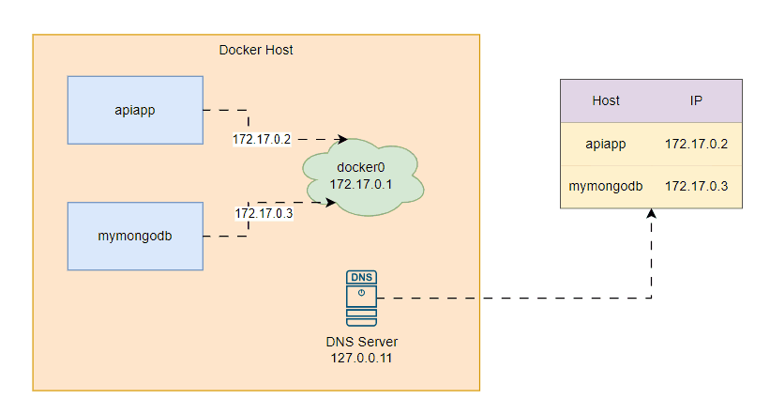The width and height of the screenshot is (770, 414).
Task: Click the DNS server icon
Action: tap(361, 298)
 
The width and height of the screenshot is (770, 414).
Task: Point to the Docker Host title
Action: tap(256, 50)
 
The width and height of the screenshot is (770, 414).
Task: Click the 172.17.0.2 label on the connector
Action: tap(263, 139)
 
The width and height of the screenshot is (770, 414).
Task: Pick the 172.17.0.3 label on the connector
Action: tap(264, 214)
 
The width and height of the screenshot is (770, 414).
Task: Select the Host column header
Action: tap(606, 100)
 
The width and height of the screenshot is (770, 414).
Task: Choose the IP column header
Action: tap(697, 100)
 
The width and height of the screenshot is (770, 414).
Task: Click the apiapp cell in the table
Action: tap(606, 144)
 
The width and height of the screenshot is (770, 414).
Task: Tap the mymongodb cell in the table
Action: tap(606, 187)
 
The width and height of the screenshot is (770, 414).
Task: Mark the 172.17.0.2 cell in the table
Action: tap(697, 144)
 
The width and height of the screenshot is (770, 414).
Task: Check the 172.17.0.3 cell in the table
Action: tap(697, 187)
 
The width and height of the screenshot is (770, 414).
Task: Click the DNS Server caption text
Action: tap(362, 342)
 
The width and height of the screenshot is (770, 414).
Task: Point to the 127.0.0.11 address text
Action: tap(362, 358)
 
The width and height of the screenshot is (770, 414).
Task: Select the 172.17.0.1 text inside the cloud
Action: tap(362, 185)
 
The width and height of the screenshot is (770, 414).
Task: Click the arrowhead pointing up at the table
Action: tap(651, 215)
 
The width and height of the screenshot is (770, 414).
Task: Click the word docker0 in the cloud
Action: tap(362, 168)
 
